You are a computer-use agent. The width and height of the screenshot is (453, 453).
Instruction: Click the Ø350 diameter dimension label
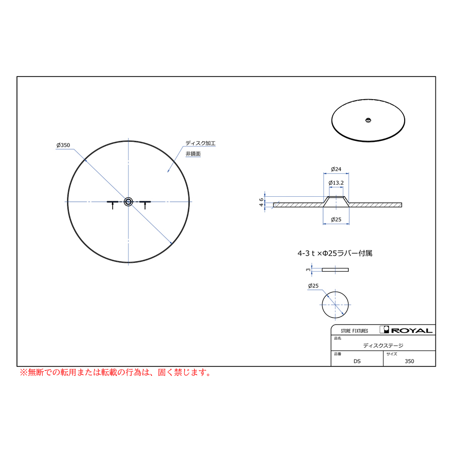[63, 145]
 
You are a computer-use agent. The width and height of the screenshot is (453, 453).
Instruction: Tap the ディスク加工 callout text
[200, 143]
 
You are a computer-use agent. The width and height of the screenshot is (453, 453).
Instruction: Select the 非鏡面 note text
[193, 154]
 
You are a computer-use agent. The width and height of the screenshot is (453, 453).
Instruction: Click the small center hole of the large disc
[128, 202]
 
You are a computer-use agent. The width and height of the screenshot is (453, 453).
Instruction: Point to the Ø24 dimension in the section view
[336, 169]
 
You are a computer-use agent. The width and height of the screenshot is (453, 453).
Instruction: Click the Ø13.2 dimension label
[336, 183]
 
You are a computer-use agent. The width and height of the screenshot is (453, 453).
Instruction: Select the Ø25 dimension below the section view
[336, 219]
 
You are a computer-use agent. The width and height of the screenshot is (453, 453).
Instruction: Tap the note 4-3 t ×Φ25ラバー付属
[335, 253]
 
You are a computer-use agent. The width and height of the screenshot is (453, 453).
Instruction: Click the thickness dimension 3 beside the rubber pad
[308, 270]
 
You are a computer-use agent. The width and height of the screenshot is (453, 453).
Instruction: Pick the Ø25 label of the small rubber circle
[313, 286]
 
